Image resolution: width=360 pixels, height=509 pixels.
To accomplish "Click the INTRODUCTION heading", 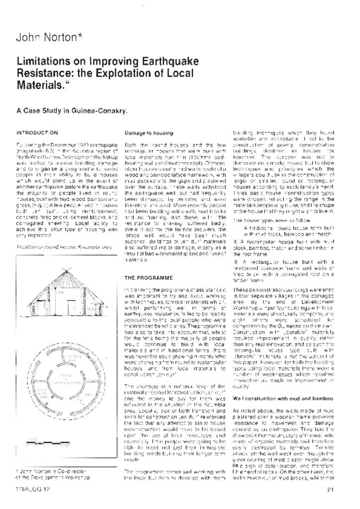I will click(x=37, y=133).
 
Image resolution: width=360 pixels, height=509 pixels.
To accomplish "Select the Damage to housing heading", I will click(x=149, y=133).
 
